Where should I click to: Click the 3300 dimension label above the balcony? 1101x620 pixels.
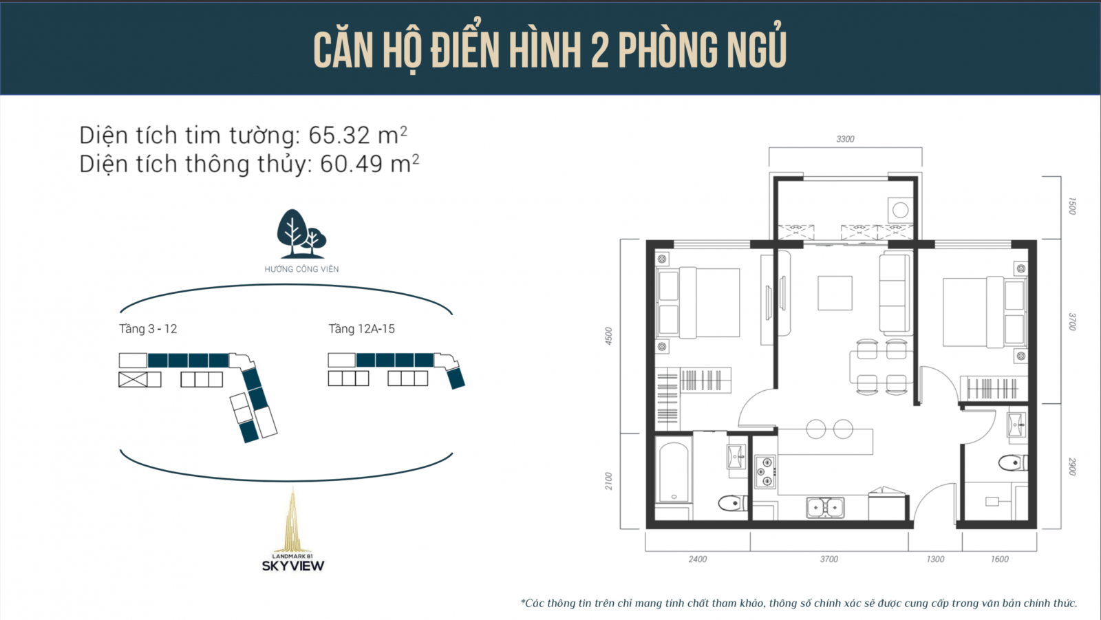[846, 139]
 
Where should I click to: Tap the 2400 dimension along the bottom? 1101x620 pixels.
[698, 559]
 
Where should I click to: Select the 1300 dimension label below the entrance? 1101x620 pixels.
[935, 559]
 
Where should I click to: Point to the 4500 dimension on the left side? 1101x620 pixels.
[608, 336]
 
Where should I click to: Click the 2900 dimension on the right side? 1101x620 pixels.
[1072, 467]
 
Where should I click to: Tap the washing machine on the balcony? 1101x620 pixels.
[900, 211]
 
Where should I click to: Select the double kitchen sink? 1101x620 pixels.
[825, 507]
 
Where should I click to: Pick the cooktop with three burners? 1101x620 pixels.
[765, 472]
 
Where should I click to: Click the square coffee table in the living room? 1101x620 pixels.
[835, 293]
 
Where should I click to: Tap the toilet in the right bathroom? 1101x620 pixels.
[1012, 462]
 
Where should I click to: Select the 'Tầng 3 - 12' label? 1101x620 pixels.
[148, 329]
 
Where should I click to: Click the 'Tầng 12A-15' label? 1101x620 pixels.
[361, 329]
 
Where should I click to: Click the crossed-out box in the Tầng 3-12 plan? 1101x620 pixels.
[133, 380]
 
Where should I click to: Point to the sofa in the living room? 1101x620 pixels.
[895, 294]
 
